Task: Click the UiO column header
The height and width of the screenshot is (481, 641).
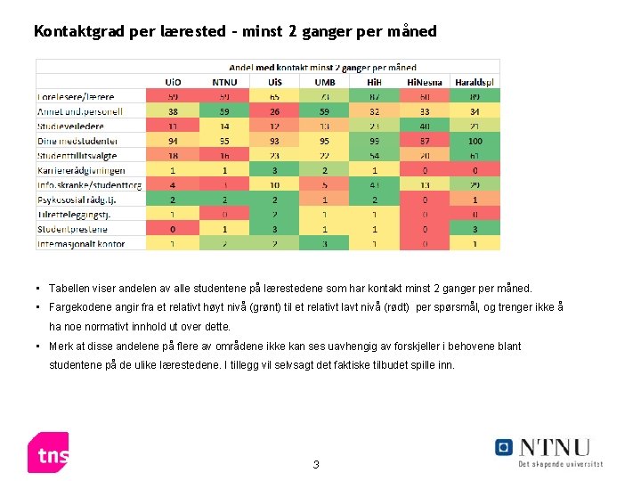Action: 173,82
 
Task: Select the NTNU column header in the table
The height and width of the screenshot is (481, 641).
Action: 224,82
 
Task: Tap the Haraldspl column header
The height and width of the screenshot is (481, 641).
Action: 475,82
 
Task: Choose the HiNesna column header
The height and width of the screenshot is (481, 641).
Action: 424,82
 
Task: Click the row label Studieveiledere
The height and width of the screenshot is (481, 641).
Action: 70,126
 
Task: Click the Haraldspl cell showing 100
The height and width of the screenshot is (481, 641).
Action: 475,141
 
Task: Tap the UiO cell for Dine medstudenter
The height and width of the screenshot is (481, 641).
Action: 173,141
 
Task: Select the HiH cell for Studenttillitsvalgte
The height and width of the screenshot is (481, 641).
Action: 375,155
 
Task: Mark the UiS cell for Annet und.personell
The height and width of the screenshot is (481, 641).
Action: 274,111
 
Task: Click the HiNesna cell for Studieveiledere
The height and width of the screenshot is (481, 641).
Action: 424,126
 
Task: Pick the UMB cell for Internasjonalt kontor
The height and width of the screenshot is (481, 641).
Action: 325,243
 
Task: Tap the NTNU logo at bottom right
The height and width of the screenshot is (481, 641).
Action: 548,451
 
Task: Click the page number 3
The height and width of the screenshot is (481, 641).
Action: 316,465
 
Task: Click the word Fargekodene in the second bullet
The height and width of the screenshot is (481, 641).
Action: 80,307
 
